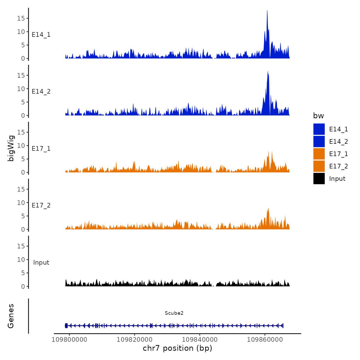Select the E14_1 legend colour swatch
click(319, 129)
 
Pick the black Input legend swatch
click(319, 178)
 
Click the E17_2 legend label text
click(338, 166)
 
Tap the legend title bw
click(318, 116)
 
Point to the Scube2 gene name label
click(174, 313)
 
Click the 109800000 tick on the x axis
click(69, 339)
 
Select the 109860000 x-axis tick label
click(265, 339)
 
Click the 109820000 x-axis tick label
click(134, 339)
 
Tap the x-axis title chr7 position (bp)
click(177, 348)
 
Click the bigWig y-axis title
click(11, 148)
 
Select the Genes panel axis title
click(11, 316)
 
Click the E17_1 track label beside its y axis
click(41, 149)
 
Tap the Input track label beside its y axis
click(41, 263)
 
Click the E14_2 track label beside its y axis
click(41, 92)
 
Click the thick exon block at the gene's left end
click(66, 326)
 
